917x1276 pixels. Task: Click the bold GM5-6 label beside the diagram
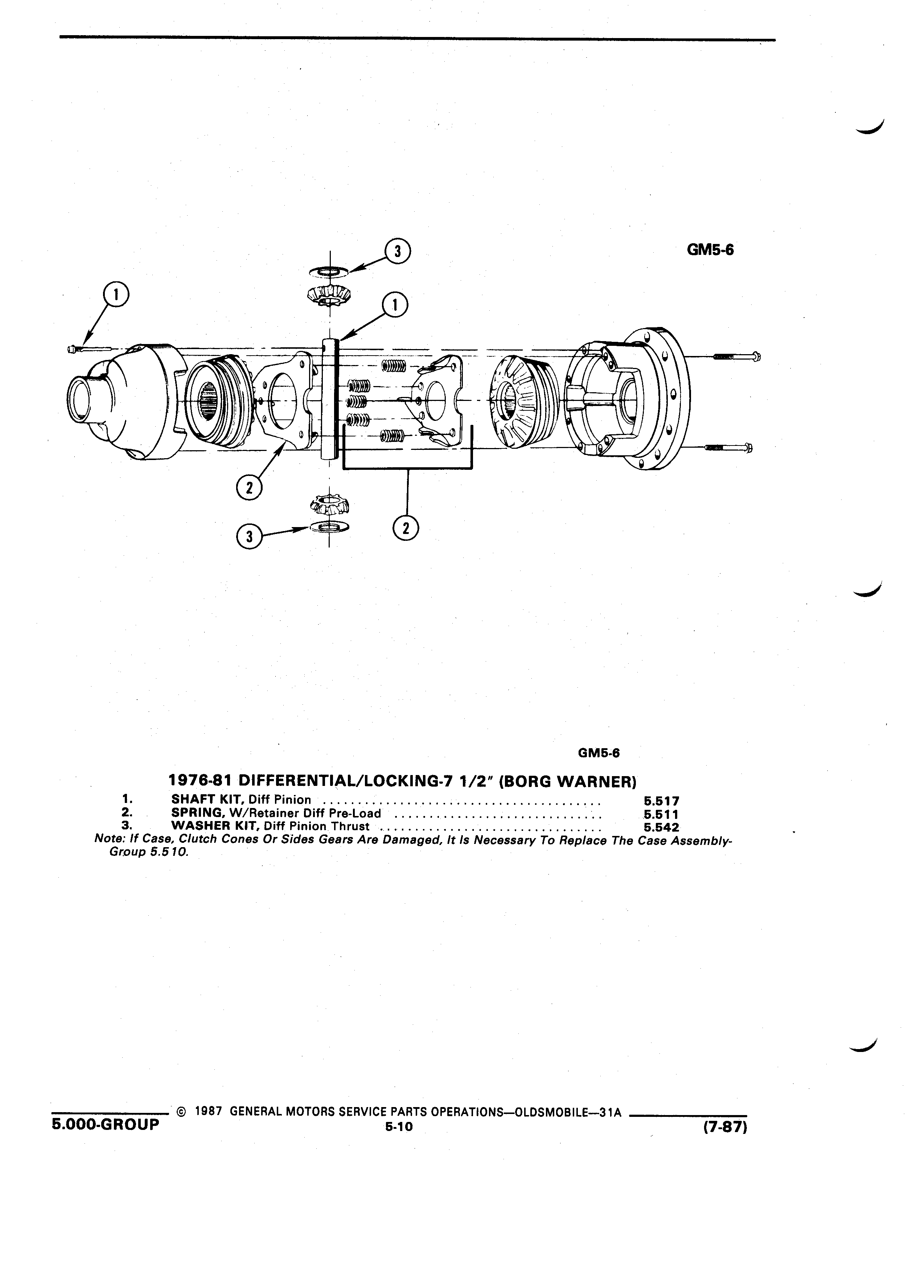click(x=710, y=249)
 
